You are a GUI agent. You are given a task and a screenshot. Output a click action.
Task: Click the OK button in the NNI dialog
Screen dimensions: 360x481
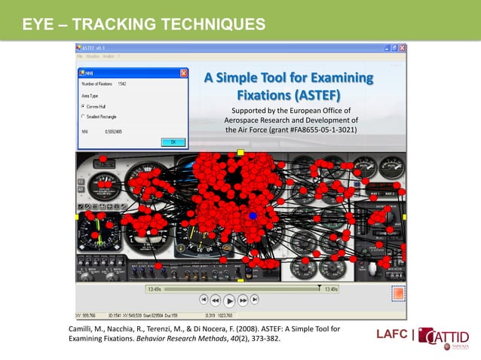pyautogui.click(x=172, y=141)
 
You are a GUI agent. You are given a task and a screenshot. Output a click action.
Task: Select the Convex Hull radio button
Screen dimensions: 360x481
pyautogui.click(x=82, y=106)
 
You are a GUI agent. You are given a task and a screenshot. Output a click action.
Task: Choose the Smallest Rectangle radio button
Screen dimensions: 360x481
pyautogui.click(x=82, y=117)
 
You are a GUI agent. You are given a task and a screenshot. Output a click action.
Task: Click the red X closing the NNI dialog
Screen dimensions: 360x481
pyautogui.click(x=184, y=73)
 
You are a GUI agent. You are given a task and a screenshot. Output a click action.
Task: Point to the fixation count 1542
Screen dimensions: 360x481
pyautogui.click(x=122, y=84)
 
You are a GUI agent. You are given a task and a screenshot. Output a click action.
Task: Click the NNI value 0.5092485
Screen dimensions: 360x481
pyautogui.click(x=112, y=130)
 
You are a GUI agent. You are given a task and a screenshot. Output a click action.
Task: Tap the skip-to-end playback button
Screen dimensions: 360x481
pyautogui.click(x=255, y=299)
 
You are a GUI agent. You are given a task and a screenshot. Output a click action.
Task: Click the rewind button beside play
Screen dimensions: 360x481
pyautogui.click(x=216, y=299)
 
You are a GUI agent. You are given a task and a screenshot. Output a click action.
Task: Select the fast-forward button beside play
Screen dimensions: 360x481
pyautogui.click(x=243, y=299)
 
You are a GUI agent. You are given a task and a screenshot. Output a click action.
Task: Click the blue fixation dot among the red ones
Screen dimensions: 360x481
pyautogui.click(x=253, y=216)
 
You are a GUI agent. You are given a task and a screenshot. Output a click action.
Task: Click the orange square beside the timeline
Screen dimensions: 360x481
pyautogui.click(x=398, y=293)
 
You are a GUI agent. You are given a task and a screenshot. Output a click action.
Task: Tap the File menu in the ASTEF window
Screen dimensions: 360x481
pyautogui.click(x=80, y=56)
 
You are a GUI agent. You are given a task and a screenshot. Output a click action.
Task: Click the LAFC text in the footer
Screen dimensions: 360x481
pyautogui.click(x=392, y=334)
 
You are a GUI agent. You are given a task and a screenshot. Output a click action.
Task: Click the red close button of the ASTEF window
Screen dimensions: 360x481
pyautogui.click(x=401, y=47)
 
